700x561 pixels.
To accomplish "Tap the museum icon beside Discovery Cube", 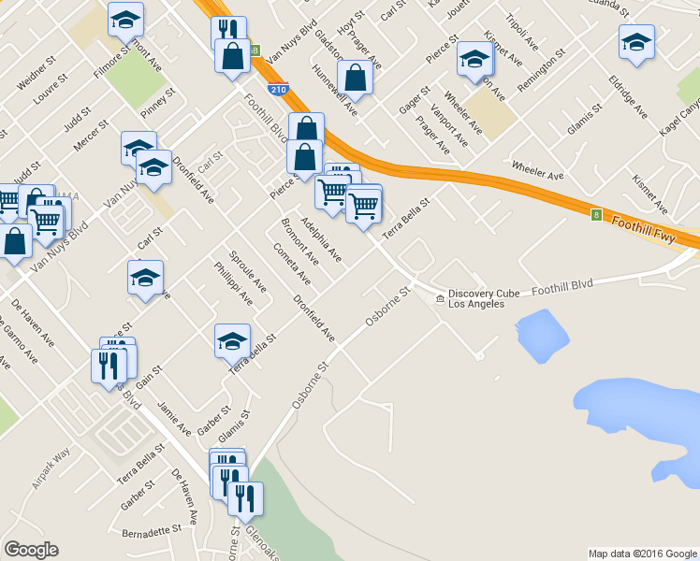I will coord(440,298).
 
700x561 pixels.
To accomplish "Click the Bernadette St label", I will coord(152,531).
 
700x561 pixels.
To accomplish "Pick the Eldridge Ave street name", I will coord(627,96).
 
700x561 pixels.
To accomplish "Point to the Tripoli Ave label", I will coord(521,31).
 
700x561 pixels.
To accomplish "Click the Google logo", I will coord(31,550).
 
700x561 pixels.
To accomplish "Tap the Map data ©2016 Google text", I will coord(642,554).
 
